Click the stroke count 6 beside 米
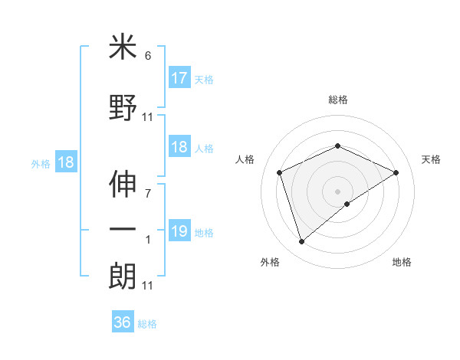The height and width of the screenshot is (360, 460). [148, 57]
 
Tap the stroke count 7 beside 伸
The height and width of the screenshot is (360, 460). [148, 193]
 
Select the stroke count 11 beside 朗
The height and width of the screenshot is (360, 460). [148, 286]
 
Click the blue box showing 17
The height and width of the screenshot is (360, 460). [179, 78]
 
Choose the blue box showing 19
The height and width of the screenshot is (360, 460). [179, 232]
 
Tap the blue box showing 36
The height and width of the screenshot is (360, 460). [123, 322]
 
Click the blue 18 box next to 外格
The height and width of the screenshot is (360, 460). [65, 163]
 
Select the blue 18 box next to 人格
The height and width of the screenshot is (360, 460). [179, 148]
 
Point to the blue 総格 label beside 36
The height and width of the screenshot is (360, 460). [148, 324]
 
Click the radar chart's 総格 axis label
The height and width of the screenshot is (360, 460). [337, 100]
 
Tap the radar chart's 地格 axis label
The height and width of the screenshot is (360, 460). [402, 262]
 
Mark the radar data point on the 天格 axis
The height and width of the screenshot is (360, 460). [396, 172]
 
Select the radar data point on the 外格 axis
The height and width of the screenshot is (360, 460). [301, 242]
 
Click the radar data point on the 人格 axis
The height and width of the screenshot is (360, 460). [280, 172]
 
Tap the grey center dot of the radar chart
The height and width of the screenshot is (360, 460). [337, 191]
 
